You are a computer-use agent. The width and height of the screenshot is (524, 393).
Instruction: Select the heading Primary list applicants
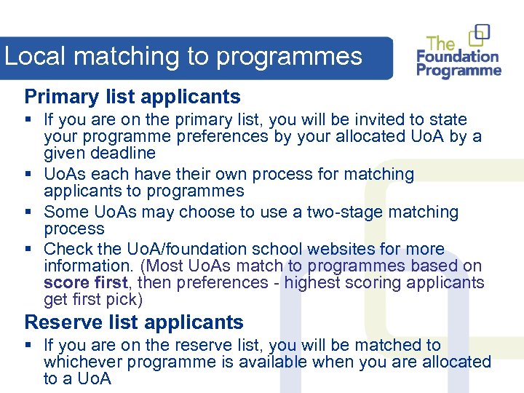pyautogui.click(x=132, y=97)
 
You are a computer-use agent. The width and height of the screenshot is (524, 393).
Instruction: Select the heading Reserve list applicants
pyautogui.click(x=134, y=322)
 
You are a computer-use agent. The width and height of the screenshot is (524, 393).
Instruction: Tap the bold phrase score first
pyautogui.click(x=86, y=282)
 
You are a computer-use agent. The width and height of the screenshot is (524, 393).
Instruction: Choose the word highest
pyautogui.click(x=311, y=282)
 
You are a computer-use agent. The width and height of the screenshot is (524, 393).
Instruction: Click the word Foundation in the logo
pyautogui.click(x=457, y=57)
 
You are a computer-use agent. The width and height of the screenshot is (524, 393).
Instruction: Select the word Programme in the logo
pyautogui.click(x=458, y=71)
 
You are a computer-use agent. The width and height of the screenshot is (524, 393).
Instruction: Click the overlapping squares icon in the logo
pyautogui.click(x=479, y=35)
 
